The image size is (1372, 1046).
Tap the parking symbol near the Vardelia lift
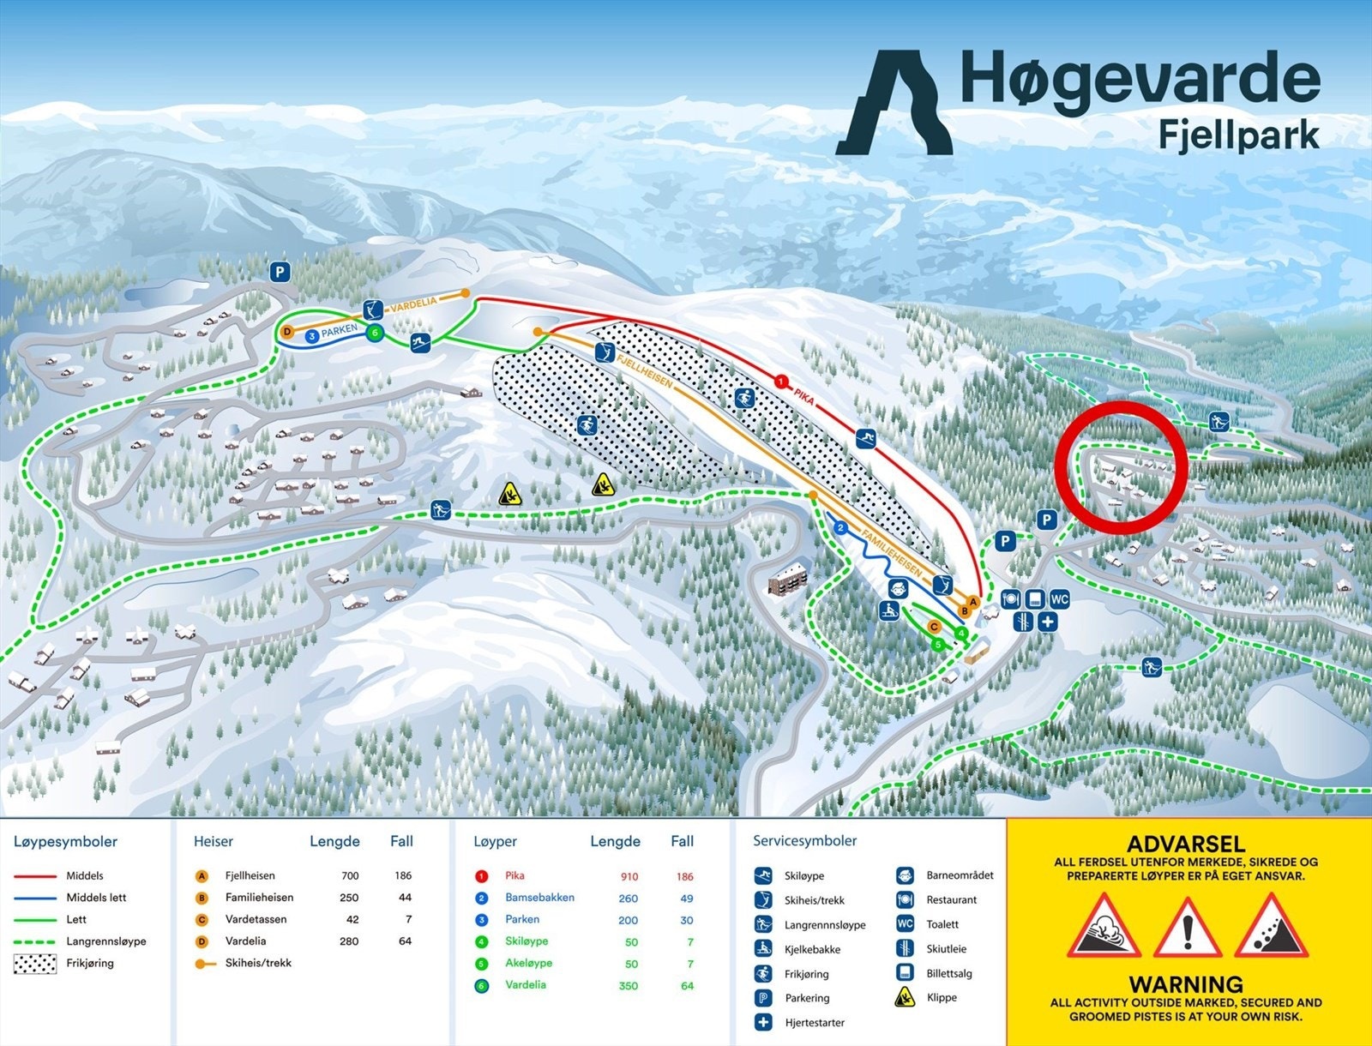[x=280, y=273]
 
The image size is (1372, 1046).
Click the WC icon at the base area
[x=1060, y=598]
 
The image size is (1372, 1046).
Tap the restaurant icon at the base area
[x=1011, y=598]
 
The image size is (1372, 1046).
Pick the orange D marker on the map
[x=287, y=332]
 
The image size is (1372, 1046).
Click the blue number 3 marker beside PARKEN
[x=312, y=337]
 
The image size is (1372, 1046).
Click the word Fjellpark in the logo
[x=1238, y=135]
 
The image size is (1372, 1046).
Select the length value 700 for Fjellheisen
[x=350, y=876]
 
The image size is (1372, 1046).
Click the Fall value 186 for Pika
[x=684, y=877]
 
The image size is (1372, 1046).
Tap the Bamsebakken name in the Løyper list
[x=539, y=898]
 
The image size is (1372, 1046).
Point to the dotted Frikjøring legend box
[x=34, y=964]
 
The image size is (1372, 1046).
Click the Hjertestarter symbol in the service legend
[x=763, y=1022]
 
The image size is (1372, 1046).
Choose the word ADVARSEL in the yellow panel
[x=1185, y=844]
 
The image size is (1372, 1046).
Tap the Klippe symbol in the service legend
[x=905, y=997]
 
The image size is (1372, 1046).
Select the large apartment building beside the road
[x=788, y=580]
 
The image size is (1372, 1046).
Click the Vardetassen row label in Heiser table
[x=256, y=919]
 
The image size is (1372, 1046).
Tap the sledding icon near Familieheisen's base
[x=888, y=610]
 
